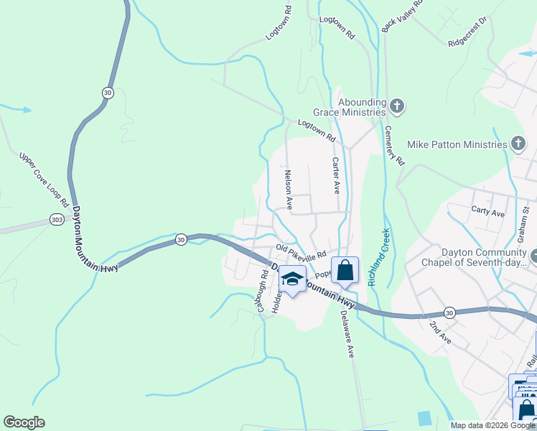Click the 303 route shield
click(x=57, y=220)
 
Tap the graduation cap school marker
click(x=292, y=279)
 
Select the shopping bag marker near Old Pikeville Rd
click(x=345, y=271)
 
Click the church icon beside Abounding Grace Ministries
click(x=397, y=108)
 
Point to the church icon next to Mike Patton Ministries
click(x=518, y=144)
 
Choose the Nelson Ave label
click(x=288, y=190)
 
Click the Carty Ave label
click(x=488, y=213)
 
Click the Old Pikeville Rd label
click(x=301, y=251)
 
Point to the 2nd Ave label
click(x=439, y=333)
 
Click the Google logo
click(x=24, y=422)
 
